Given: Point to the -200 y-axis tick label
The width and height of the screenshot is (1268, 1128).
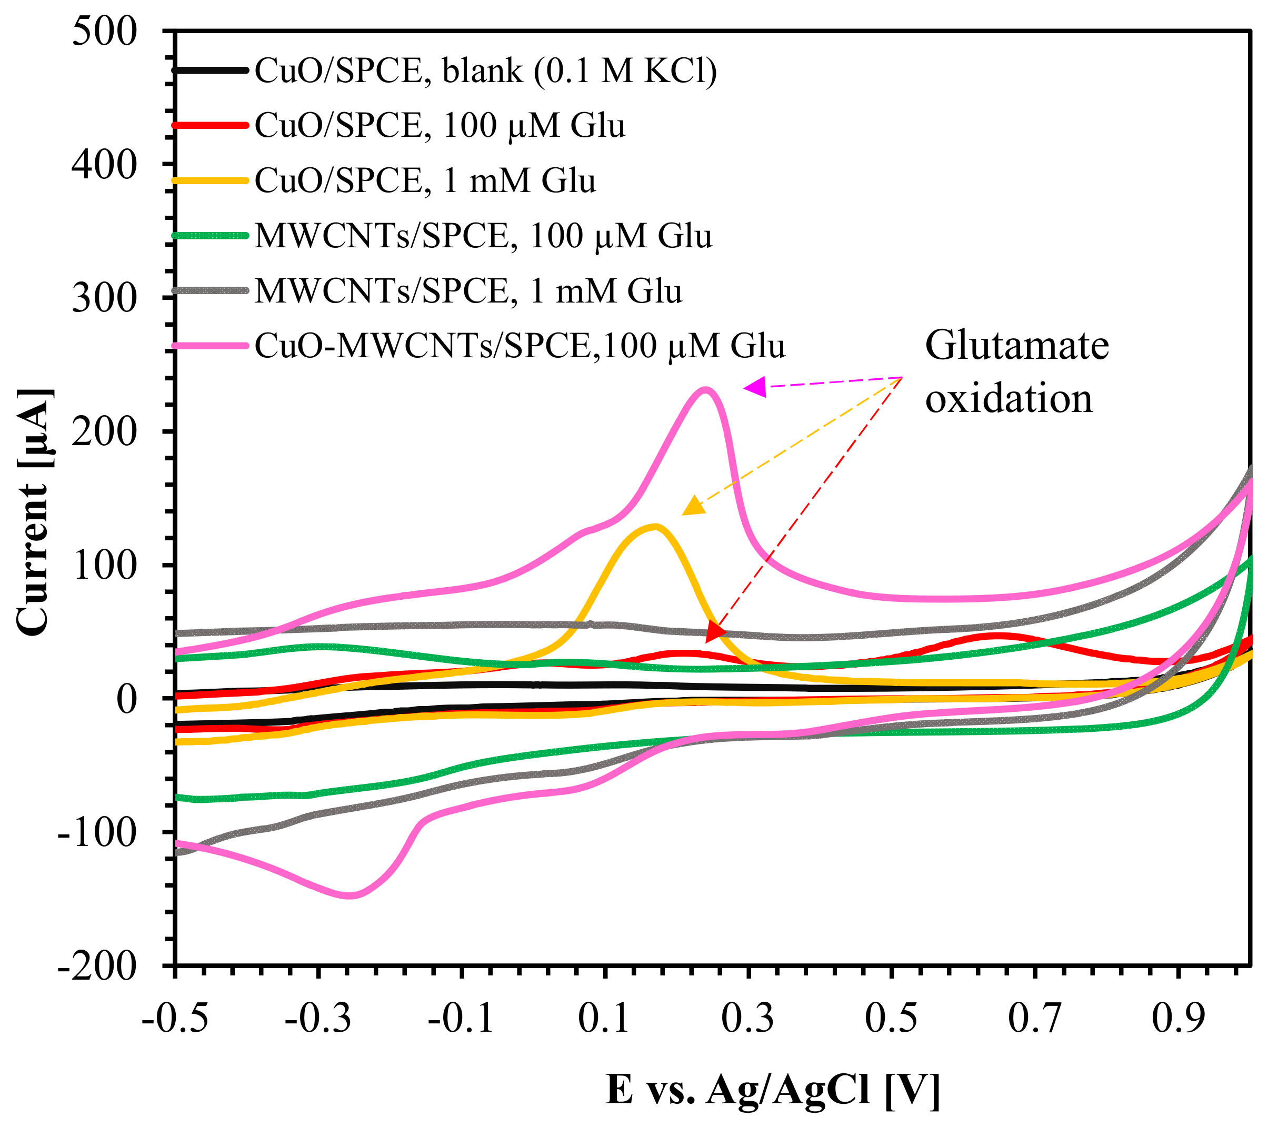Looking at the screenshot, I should click(x=96, y=965).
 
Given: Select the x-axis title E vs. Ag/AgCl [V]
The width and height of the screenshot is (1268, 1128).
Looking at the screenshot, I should click(x=772, y=1090).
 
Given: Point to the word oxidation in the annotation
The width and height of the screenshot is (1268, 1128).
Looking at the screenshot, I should click(x=1009, y=398).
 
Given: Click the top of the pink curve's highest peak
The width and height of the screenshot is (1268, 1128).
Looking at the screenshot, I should click(x=705, y=389).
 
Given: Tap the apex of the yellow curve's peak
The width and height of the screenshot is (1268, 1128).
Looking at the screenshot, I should click(x=654, y=527).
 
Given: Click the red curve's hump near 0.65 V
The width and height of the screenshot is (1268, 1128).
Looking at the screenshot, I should click(x=996, y=636).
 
